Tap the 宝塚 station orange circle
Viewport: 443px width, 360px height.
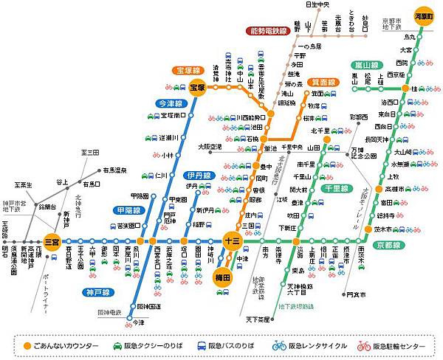[x=197, y=87]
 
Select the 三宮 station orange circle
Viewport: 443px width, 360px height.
[x=52, y=240]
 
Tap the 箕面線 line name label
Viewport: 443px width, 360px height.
[x=324, y=83]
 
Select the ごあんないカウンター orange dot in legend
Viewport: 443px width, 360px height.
[x=27, y=345]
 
